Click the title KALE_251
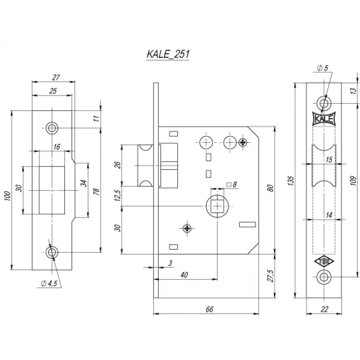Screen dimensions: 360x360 [x=167, y=54]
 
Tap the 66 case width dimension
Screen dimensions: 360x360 [x=208, y=309]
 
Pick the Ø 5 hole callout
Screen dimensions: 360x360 [x=322, y=68]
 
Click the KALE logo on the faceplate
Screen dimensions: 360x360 [x=324, y=119]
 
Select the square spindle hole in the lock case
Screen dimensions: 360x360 [x=217, y=206]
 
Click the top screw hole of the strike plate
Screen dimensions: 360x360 [x=52, y=128]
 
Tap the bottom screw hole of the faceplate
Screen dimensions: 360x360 [x=324, y=278]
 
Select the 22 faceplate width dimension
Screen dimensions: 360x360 [x=325, y=309]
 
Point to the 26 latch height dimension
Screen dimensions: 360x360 [x=118, y=165]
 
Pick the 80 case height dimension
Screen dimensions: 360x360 [x=270, y=188]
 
